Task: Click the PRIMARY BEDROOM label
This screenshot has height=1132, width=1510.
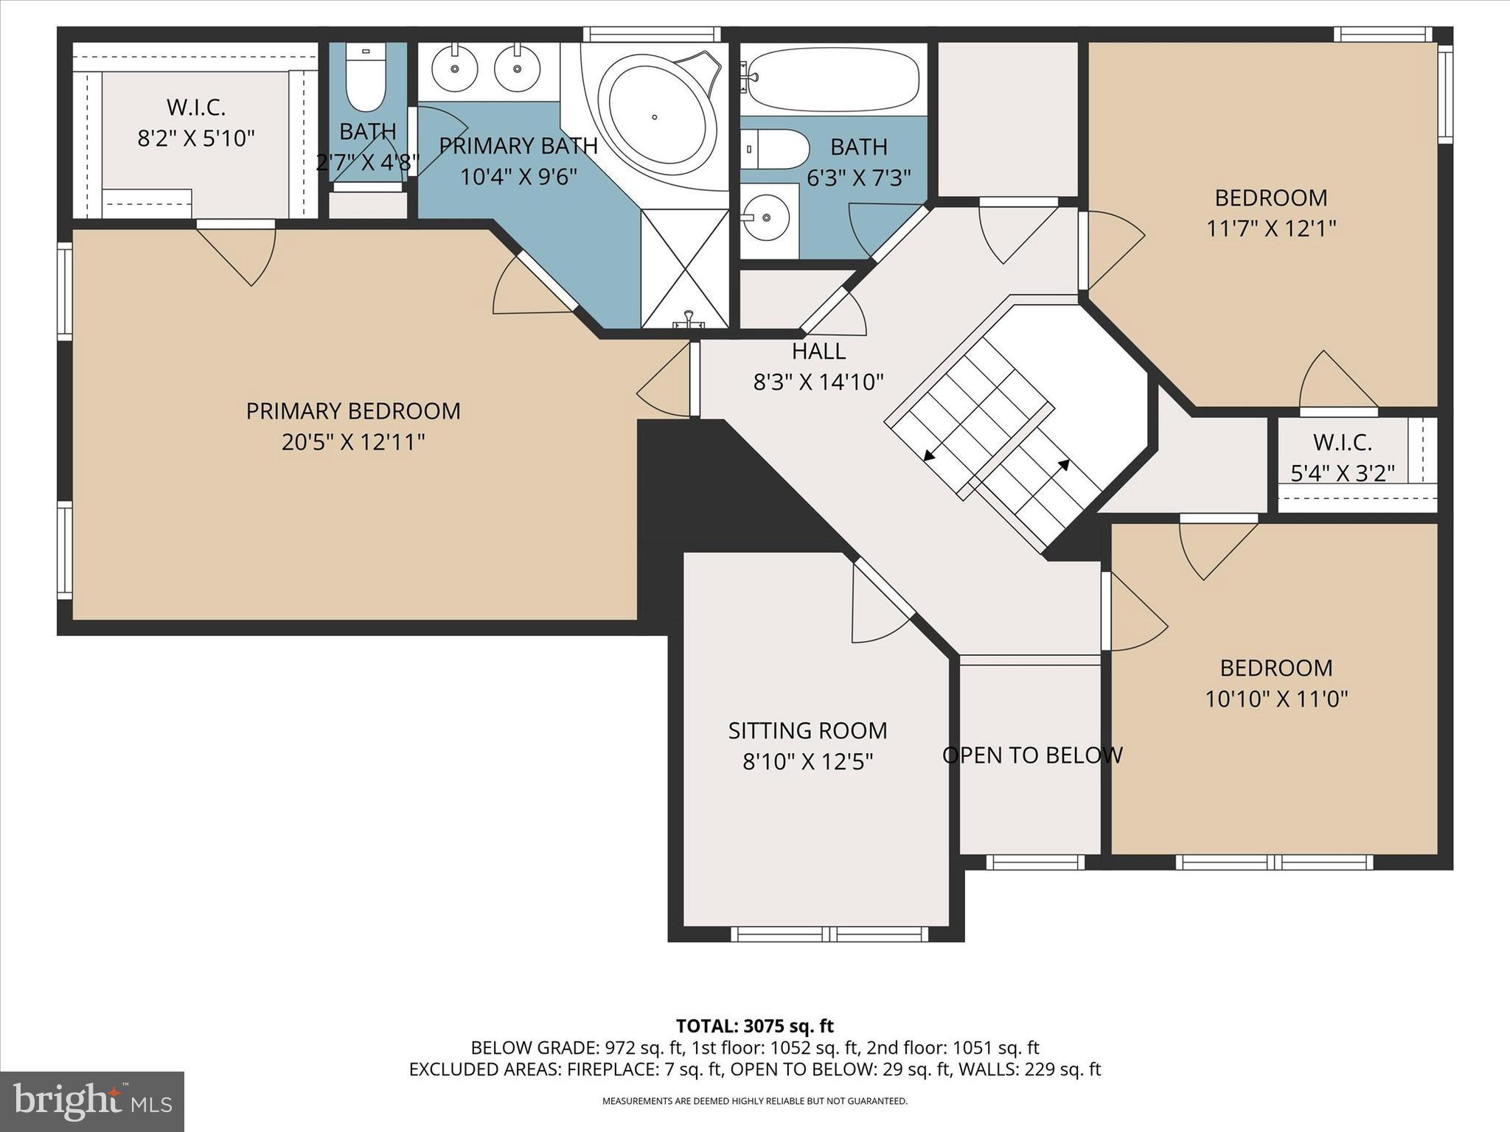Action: pos(353,411)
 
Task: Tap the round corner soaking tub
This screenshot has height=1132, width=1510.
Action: pos(656,118)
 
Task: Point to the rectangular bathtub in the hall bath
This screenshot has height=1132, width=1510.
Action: pos(833,80)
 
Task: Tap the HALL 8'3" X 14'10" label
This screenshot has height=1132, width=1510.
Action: pos(818,366)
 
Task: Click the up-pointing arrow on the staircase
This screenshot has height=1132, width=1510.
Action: pos(1064,464)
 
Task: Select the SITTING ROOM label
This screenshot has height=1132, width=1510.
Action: pos(807,730)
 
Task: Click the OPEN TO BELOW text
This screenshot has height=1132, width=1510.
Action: pos(1032,755)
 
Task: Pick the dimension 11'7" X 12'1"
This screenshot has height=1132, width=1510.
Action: pos(1271,228)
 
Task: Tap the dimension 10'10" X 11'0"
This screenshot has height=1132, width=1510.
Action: pos(1276,699)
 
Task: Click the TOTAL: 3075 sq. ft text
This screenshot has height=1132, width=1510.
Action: pos(754,1026)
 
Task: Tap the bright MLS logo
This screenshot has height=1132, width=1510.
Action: pos(92,1101)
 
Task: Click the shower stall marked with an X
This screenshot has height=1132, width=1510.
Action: pos(685,268)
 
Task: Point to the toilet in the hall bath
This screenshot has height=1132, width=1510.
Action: pos(773,149)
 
